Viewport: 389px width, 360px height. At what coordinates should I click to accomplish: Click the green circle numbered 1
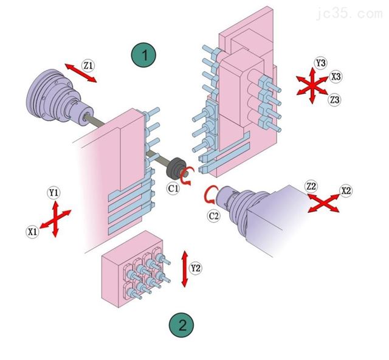click(x=144, y=55)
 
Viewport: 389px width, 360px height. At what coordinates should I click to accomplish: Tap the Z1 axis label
click(x=89, y=64)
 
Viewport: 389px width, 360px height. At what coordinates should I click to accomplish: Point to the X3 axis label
click(x=336, y=77)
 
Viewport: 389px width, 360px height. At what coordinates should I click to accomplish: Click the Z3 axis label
click(x=334, y=99)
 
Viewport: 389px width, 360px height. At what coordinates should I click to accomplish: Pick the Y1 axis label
click(x=54, y=193)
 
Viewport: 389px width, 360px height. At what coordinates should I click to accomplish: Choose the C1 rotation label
click(x=174, y=189)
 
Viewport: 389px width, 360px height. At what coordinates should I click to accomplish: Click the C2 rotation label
click(x=214, y=215)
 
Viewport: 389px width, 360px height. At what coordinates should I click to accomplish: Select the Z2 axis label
click(x=311, y=185)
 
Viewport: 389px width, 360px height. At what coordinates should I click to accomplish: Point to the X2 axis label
click(x=346, y=190)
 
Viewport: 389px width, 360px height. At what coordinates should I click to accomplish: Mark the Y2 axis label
click(x=195, y=268)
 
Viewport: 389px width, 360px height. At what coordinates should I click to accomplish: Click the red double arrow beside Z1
click(x=80, y=72)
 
